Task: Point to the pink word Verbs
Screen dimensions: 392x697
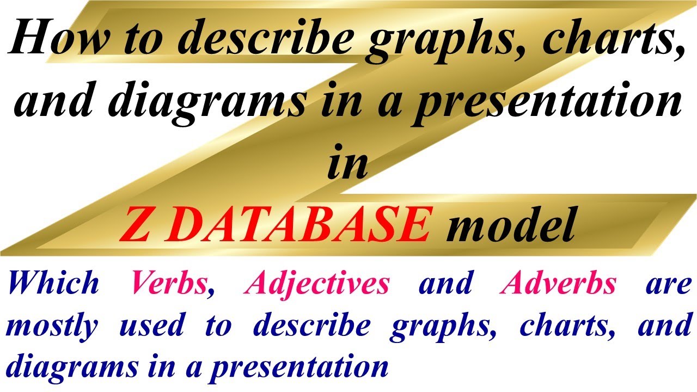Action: click(169, 284)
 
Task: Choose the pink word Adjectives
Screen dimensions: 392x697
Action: click(316, 284)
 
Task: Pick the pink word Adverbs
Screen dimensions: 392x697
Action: click(558, 284)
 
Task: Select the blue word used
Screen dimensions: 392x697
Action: click(151, 326)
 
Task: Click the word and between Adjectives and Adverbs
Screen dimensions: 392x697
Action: click(445, 284)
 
